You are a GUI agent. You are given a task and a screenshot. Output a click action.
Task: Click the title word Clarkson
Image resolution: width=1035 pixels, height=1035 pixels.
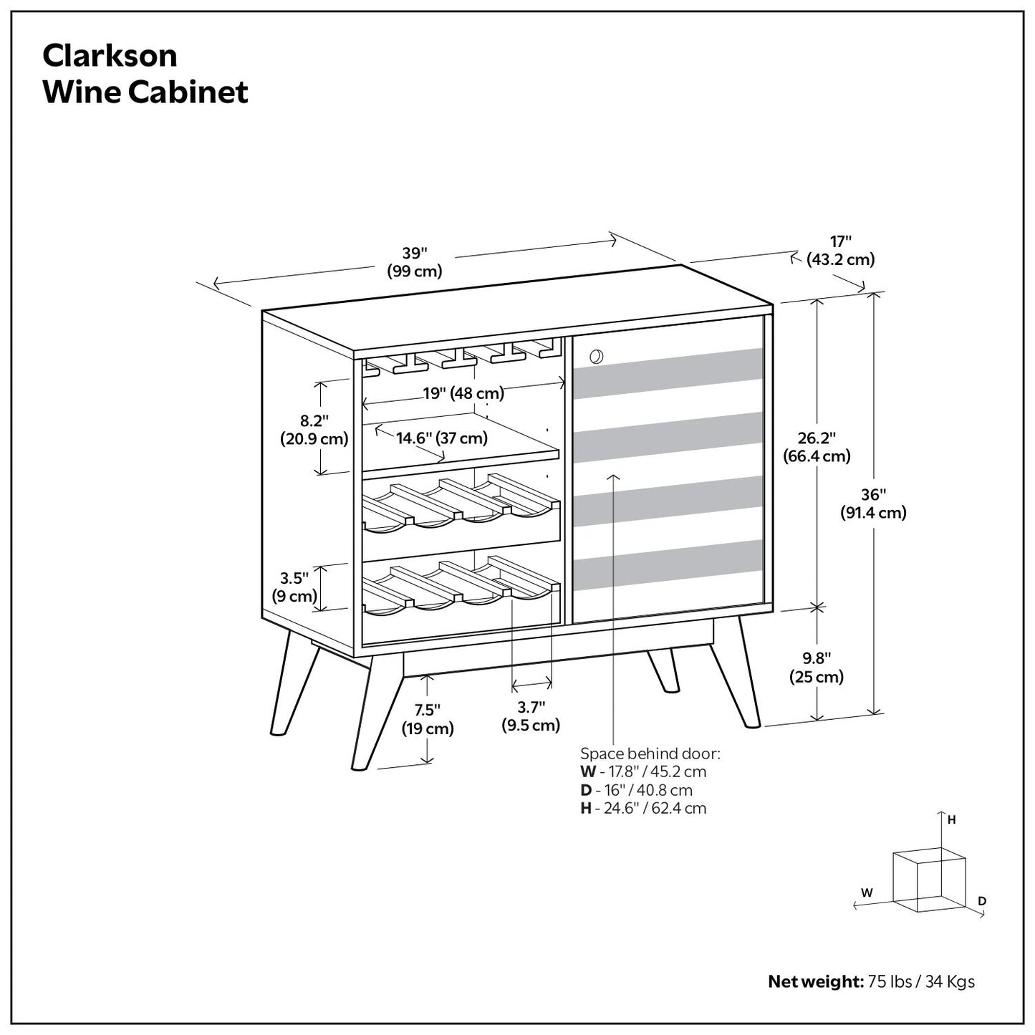pyautogui.click(x=110, y=55)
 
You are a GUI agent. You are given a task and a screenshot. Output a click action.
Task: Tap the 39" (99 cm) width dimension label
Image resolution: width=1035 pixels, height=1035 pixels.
pyautogui.click(x=414, y=262)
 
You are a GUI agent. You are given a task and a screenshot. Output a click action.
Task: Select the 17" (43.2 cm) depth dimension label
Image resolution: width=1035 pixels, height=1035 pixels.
pyautogui.click(x=840, y=251)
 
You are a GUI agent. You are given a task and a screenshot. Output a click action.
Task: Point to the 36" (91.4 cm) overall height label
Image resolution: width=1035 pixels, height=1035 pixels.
pyautogui.click(x=873, y=504)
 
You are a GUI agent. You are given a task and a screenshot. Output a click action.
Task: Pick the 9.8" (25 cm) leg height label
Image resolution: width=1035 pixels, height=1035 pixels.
pyautogui.click(x=816, y=667)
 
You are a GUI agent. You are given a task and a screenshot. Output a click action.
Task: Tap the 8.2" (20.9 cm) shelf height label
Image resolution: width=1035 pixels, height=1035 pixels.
pyautogui.click(x=314, y=429)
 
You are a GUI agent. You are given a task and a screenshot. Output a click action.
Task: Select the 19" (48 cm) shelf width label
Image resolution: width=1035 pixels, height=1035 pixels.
pyautogui.click(x=463, y=393)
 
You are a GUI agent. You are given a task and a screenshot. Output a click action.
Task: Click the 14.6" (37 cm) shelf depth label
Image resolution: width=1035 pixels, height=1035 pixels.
pyautogui.click(x=441, y=438)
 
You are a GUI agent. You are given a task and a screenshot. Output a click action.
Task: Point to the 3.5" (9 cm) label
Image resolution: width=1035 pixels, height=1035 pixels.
pyautogui.click(x=294, y=587)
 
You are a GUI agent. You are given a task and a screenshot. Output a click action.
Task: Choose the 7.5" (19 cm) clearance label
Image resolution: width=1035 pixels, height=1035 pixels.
pyautogui.click(x=427, y=719)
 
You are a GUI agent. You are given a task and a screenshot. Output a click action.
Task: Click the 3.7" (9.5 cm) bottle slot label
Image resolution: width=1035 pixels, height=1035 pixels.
pyautogui.click(x=531, y=716)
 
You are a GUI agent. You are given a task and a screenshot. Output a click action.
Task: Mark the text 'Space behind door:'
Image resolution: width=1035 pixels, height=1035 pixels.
pyautogui.click(x=650, y=754)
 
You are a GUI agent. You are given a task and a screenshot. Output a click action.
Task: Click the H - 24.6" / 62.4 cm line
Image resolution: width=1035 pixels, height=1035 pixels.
pyautogui.click(x=642, y=809)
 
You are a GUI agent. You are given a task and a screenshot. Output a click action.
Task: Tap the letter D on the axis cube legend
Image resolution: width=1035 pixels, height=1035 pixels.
pyautogui.click(x=982, y=901)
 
